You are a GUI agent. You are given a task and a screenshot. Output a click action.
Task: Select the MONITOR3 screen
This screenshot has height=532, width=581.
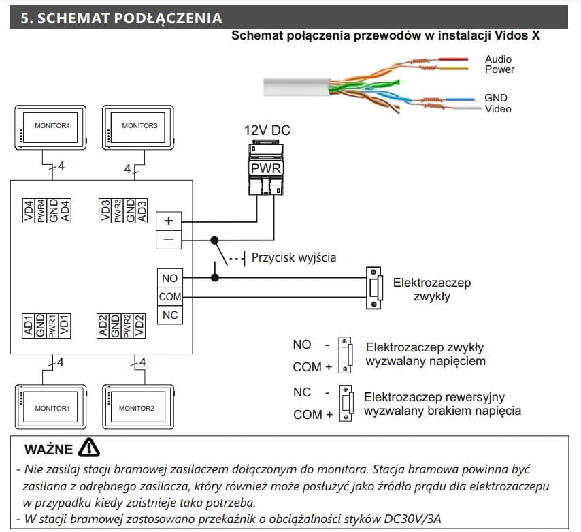click(139, 126)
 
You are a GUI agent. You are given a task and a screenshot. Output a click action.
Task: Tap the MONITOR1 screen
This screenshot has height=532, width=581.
click(52, 408)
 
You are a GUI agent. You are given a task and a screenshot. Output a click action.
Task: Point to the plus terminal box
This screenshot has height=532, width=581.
click(169, 221)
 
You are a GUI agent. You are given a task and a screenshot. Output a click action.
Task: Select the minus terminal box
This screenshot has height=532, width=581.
click(169, 240)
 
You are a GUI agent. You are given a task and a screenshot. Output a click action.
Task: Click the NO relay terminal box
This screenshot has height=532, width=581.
click(169, 277)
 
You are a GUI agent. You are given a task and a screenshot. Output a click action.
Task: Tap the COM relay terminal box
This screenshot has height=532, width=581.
click(169, 296)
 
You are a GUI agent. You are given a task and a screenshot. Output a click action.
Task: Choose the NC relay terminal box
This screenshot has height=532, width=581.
click(169, 315)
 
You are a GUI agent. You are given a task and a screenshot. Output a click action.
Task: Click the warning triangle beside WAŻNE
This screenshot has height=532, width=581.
click(89, 447)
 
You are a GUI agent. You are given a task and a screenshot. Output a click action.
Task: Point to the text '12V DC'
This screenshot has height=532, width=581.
click(267, 130)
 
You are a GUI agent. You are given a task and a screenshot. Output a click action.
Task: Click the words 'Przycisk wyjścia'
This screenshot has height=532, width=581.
click(293, 257)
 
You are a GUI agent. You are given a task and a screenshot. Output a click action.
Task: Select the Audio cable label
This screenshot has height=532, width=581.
click(498, 59)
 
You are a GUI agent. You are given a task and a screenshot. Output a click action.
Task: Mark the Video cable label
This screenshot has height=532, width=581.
click(498, 109)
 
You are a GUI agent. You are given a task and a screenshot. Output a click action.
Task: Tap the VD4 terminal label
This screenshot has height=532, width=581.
click(29, 210)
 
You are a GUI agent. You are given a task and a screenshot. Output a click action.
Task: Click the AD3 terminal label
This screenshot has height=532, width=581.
click(142, 210)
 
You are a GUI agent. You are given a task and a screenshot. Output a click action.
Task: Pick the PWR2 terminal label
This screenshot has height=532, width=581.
click(128, 326)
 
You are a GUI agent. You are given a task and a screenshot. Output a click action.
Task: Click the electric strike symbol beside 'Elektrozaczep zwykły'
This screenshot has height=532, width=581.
click(373, 287)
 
